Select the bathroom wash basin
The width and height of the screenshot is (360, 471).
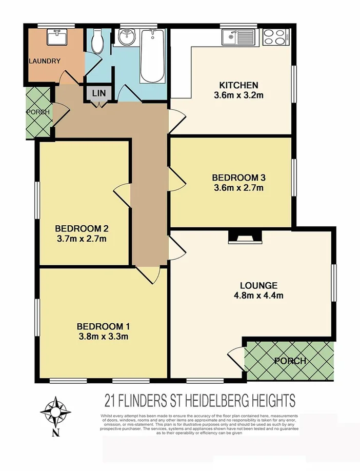[126, 37]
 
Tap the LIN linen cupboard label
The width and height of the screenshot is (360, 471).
[97, 93]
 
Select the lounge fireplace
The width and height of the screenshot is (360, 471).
[245, 237]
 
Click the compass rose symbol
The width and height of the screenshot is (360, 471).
[55, 411]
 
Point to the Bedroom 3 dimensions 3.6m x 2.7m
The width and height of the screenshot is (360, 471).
[238, 188]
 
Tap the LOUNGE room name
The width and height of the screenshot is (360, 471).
[259, 286]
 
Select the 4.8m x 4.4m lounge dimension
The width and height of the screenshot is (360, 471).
[258, 295]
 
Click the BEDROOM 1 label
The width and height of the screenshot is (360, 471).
[102, 326]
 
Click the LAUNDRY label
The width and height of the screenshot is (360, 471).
[44, 61]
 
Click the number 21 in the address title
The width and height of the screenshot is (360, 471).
[110, 400]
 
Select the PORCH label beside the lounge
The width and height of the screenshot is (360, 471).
[290, 361]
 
